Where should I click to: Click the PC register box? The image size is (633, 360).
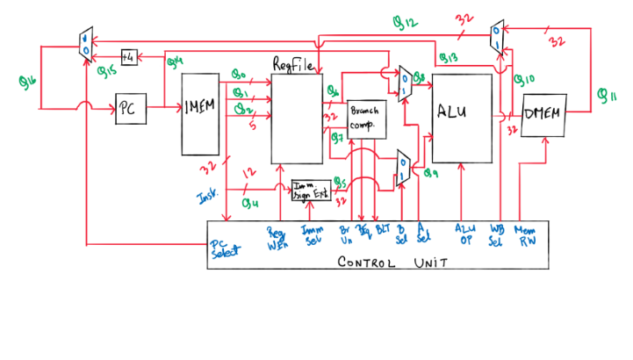tap(127, 111)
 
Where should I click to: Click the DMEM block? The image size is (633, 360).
tap(543, 115)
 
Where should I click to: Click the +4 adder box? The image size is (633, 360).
tap(131, 56)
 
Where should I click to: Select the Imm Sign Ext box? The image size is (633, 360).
tap(312, 189)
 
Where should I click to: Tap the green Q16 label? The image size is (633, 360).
tap(28, 81)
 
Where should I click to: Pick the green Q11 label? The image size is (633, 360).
tap(606, 96)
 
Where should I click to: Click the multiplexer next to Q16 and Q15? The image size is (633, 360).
tap(85, 40)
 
